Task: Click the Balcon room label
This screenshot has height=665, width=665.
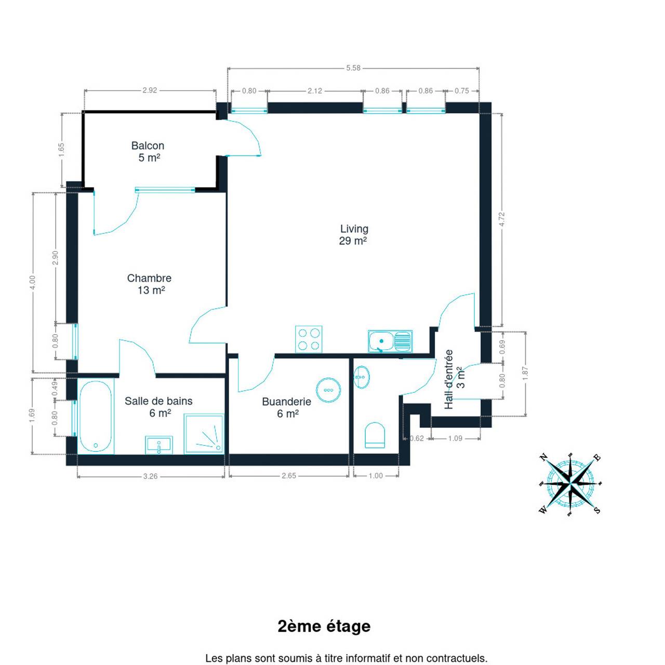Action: click(x=148, y=152)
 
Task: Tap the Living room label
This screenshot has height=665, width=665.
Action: click(x=353, y=235)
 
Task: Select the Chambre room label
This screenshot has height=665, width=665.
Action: click(x=150, y=284)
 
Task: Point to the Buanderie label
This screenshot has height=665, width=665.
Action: click(x=287, y=407)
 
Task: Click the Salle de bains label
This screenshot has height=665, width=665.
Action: click(x=158, y=406)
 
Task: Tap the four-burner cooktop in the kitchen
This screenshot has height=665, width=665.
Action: click(x=309, y=339)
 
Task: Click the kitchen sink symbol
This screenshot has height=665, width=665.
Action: click(x=390, y=341)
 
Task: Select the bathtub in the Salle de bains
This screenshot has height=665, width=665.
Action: click(x=96, y=416)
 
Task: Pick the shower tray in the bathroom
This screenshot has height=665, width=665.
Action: click(x=204, y=433)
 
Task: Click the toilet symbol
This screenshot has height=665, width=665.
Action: click(x=375, y=435)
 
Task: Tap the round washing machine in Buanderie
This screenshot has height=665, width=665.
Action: click(x=328, y=390)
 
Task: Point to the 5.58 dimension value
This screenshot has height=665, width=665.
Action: click(x=353, y=68)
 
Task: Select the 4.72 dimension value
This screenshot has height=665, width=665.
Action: click(x=502, y=219)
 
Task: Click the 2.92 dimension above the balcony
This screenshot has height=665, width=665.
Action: click(x=150, y=90)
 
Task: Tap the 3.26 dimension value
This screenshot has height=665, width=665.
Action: click(x=151, y=476)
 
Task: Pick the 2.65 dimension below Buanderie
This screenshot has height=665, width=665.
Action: click(x=289, y=475)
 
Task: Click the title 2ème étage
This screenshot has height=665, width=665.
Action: click(x=324, y=626)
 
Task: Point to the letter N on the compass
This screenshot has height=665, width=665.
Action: click(x=544, y=457)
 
